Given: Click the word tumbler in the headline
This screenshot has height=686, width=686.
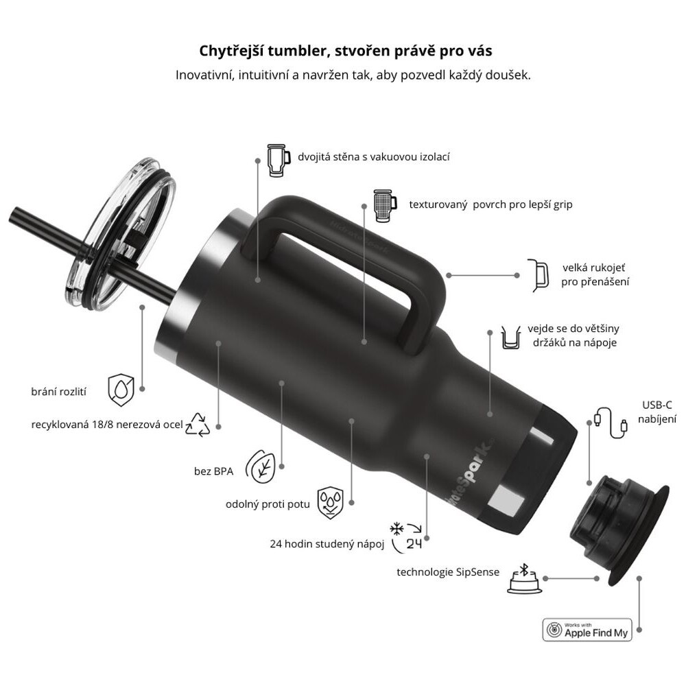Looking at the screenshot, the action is (x=296, y=51).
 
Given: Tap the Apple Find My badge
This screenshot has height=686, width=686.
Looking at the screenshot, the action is (x=587, y=630).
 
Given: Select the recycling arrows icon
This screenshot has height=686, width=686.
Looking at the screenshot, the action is (x=198, y=425).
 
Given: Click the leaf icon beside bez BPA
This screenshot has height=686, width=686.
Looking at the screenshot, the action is (x=260, y=466).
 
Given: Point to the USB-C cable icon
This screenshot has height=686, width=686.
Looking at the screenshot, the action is (x=611, y=422).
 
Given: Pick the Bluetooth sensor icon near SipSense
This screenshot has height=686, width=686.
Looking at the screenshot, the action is (x=525, y=578).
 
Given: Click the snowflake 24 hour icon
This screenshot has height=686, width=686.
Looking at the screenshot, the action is (x=406, y=535).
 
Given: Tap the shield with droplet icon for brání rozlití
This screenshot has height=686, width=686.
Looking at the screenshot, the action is (x=121, y=390).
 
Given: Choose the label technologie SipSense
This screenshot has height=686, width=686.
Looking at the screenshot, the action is (x=447, y=572).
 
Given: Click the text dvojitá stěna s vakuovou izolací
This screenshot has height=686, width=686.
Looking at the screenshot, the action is (x=374, y=156).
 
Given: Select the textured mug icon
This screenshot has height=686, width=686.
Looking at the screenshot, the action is (x=385, y=204).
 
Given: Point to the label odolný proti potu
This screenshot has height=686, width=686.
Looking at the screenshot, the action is (x=268, y=504).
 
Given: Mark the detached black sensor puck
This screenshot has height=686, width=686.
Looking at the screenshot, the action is (x=619, y=530).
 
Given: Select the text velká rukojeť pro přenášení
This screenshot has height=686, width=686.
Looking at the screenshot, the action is (x=595, y=275).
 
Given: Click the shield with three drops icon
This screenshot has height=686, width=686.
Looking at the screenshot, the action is (x=331, y=503).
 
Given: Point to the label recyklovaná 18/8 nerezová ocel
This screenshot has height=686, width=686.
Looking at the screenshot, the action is (x=107, y=425).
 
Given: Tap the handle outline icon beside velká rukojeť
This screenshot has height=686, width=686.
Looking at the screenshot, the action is (x=538, y=275).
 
